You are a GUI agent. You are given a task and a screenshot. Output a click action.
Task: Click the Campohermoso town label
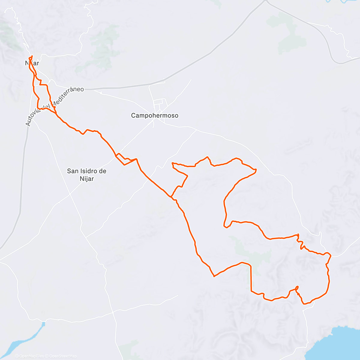click(x=154, y=115)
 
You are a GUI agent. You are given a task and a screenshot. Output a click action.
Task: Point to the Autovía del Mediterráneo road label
click(x=54, y=105)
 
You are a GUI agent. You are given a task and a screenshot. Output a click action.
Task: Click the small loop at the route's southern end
click(x=297, y=288)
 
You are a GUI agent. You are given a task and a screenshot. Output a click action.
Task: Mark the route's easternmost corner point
click(x=331, y=256)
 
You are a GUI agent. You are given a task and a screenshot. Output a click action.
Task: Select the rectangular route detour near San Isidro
click(x=124, y=159)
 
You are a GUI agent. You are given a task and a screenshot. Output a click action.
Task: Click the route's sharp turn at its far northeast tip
click(x=256, y=170)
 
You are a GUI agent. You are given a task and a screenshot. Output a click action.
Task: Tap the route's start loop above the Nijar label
click(x=31, y=57)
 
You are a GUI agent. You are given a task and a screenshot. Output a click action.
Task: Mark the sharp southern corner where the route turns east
click(x=214, y=276)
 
